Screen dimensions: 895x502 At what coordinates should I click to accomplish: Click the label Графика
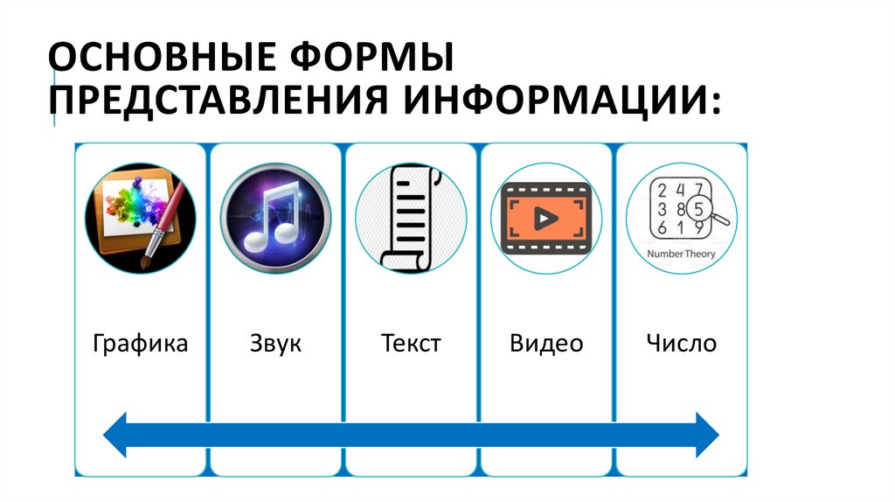pyautogui.click(x=140, y=343)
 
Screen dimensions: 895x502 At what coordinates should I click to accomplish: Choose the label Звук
pyautogui.click(x=275, y=343)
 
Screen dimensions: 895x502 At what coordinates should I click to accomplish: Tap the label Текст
pyautogui.click(x=411, y=343)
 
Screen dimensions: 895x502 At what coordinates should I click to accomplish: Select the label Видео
pyautogui.click(x=546, y=343)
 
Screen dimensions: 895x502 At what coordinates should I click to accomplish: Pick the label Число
pyautogui.click(x=682, y=343)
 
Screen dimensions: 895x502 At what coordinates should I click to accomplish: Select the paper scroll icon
pyautogui.click(x=410, y=219)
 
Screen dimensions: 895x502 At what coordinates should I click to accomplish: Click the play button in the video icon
pyautogui.click(x=545, y=218)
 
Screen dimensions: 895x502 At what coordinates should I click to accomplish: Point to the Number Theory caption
pyautogui.click(x=681, y=254)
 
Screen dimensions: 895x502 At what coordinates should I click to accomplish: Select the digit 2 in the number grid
pyautogui.click(x=662, y=190)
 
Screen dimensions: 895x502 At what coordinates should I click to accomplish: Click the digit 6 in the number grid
pyautogui.click(x=662, y=228)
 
